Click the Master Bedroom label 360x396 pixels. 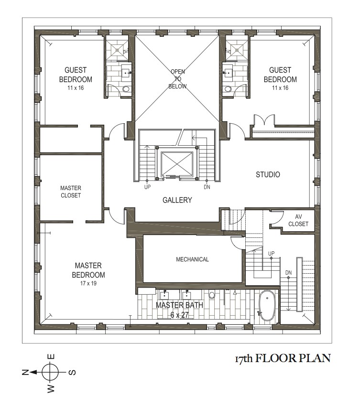[88, 270]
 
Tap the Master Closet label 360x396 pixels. [71, 192]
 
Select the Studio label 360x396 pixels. [268, 174]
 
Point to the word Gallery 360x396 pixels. [177, 200]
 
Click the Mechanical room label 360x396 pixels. [192, 259]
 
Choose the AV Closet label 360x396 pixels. [298, 220]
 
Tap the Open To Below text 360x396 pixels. [178, 79]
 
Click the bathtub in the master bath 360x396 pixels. [267, 306]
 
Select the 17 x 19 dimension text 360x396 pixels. [88, 283]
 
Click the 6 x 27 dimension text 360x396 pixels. [179, 315]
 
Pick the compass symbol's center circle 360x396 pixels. [50, 372]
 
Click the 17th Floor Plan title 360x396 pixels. [283, 358]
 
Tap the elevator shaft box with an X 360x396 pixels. [177, 163]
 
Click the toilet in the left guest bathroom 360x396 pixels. [126, 89]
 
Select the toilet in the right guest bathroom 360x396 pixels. [228, 89]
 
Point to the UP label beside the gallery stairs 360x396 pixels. [147, 187]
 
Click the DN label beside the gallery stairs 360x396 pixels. [207, 187]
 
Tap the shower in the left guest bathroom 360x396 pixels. [117, 50]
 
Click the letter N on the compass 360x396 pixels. [25, 372]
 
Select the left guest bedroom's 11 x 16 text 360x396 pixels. [76, 88]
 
